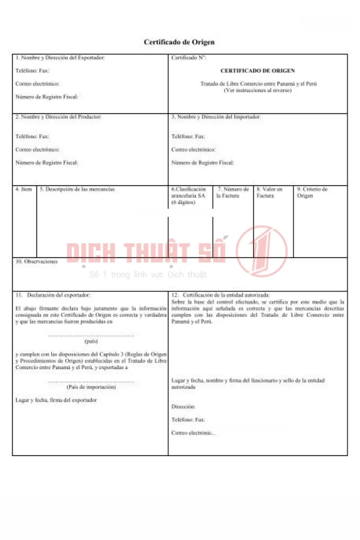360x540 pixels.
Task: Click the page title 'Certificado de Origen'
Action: [x=179, y=42]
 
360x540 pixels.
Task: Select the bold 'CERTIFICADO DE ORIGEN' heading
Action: [x=257, y=71]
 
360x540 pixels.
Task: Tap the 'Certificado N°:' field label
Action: [x=189, y=58]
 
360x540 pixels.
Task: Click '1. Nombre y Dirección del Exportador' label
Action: [x=60, y=58]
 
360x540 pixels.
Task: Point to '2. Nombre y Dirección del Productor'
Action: [x=58, y=117]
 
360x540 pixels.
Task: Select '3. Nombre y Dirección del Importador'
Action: [x=216, y=117]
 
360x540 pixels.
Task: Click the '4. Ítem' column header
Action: [x=23, y=189]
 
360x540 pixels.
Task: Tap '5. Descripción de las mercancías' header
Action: [x=77, y=189]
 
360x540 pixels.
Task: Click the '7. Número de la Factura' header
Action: [x=233, y=193]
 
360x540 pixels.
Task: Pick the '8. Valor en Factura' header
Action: [x=269, y=193]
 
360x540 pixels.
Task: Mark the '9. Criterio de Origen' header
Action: [x=312, y=193]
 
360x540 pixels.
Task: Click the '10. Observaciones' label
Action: [x=36, y=261]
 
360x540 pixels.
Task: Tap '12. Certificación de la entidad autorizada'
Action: [x=220, y=295]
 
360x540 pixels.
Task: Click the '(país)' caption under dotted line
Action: [x=91, y=341]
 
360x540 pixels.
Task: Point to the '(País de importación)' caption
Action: [x=91, y=387]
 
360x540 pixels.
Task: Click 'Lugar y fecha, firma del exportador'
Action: [x=56, y=400]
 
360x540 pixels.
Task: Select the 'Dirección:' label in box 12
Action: [x=183, y=407]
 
